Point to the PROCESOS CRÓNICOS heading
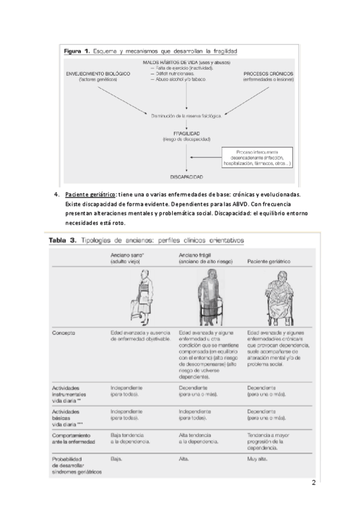(268, 73)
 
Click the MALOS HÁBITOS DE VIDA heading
(187, 62)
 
